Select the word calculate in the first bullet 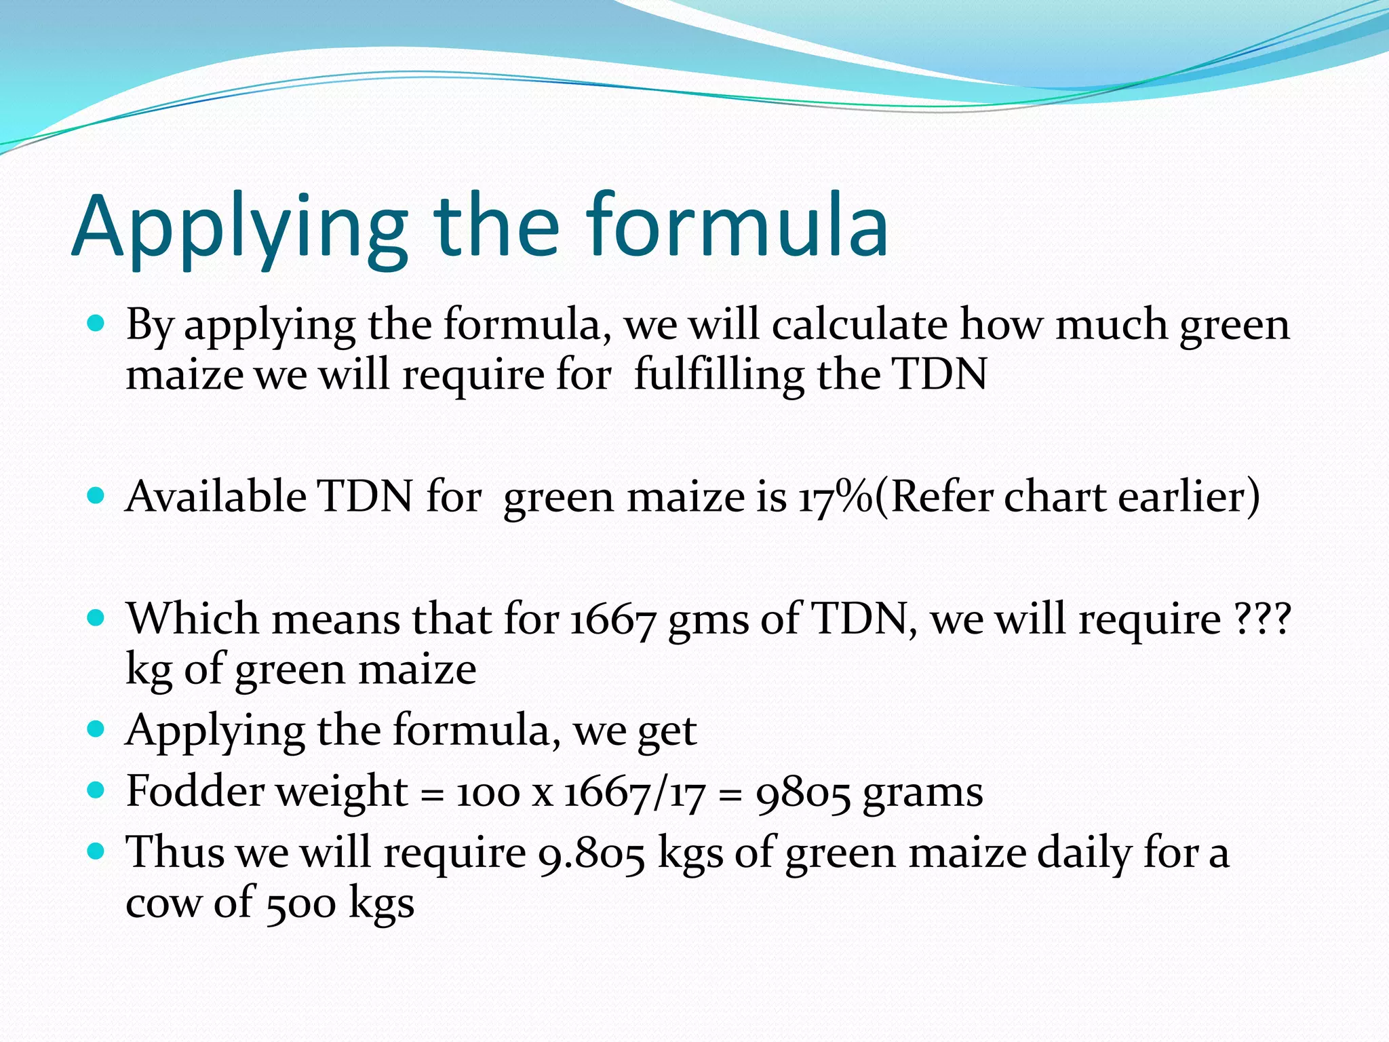(859, 325)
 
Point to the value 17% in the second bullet (835, 497)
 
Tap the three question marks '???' (1262, 619)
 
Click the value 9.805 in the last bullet (591, 853)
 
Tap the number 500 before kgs (300, 904)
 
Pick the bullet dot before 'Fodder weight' (96, 790)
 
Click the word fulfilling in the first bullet (718, 374)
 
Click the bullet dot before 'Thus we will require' (96, 851)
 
